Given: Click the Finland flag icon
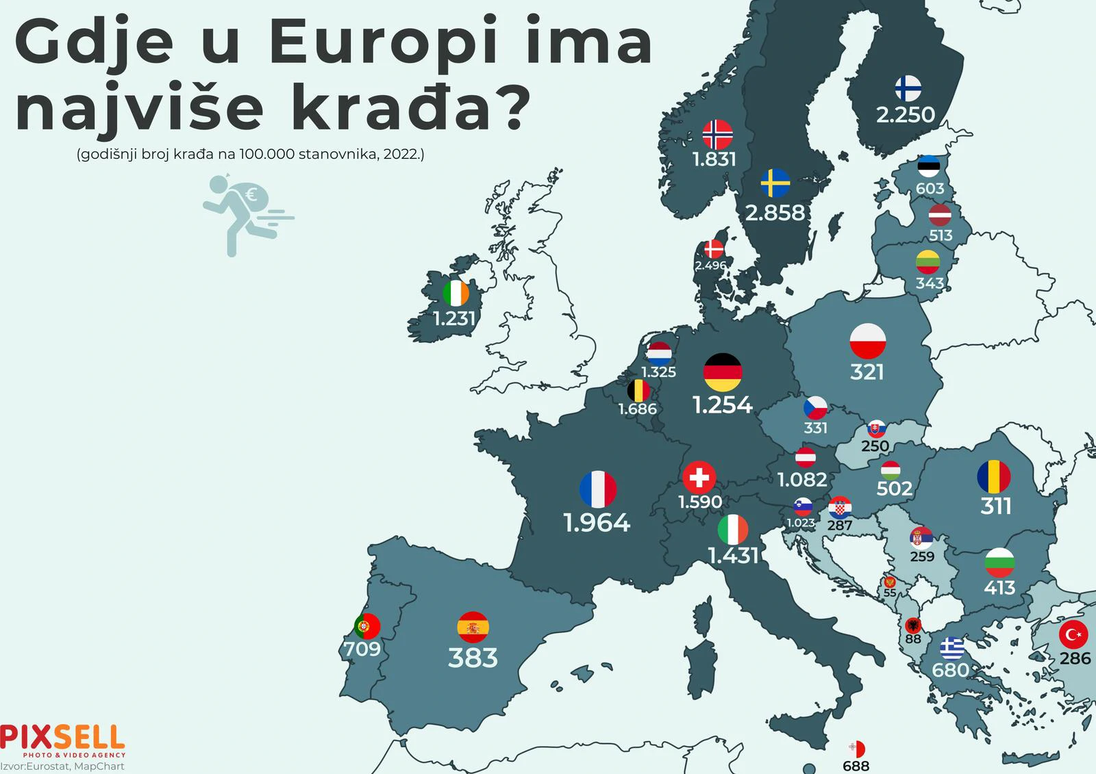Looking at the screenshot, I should click(908, 88).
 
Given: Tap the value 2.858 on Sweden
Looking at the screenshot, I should click(775, 213).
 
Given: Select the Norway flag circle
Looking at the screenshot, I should click(717, 135).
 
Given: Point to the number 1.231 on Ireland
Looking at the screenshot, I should click(454, 319).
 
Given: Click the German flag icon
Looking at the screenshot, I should click(723, 372).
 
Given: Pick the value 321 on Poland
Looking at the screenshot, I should click(867, 372).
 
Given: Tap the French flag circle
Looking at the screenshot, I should click(597, 489).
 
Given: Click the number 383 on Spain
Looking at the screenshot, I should click(473, 658).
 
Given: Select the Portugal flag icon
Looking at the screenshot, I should click(367, 625).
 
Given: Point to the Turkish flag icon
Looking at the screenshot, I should click(1073, 635).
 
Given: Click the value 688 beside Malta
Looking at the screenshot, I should click(856, 766).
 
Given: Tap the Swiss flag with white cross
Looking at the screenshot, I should click(699, 477).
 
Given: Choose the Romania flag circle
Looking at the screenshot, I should click(994, 476).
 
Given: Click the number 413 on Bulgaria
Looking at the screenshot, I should click(999, 587).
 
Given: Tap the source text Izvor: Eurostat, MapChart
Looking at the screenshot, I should click(62, 766).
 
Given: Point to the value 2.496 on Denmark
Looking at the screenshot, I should click(710, 266).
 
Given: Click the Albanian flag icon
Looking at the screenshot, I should click(912, 625).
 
